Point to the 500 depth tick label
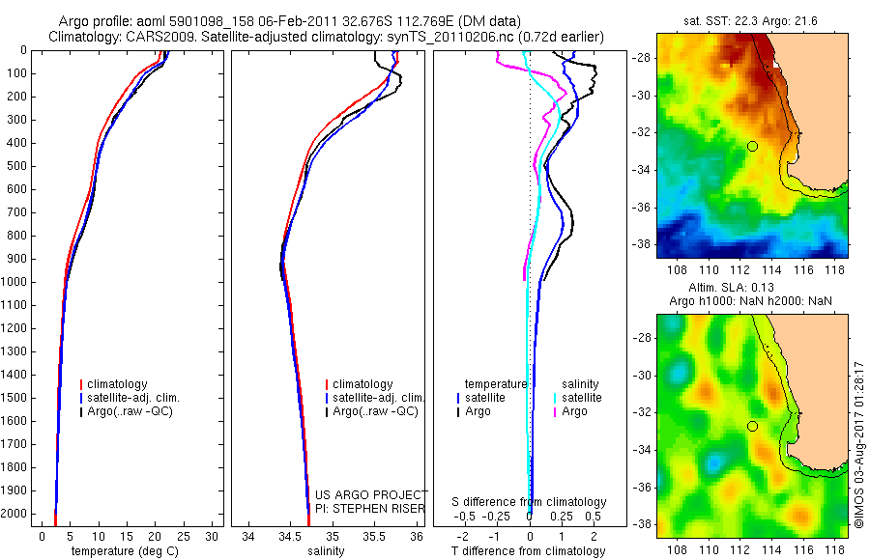[x=17, y=166]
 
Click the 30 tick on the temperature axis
[x=213, y=535]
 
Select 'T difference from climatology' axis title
[x=530, y=551]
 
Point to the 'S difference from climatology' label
[x=530, y=502]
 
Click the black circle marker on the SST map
[x=752, y=146]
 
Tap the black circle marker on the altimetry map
[x=752, y=426]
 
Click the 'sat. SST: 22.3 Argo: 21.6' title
[x=751, y=19]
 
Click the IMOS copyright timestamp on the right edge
[x=858, y=444]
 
